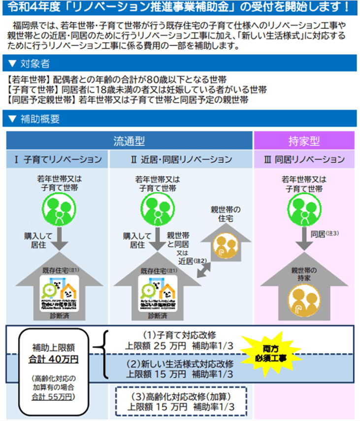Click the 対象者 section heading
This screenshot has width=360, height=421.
[x=33, y=63]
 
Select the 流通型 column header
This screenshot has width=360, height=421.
[x=129, y=141]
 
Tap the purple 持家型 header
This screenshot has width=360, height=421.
[x=304, y=141]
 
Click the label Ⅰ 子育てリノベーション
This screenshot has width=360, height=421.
[x=58, y=160]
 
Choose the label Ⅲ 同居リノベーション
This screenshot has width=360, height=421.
[x=304, y=160]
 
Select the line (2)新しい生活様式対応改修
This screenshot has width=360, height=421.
[x=180, y=364]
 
